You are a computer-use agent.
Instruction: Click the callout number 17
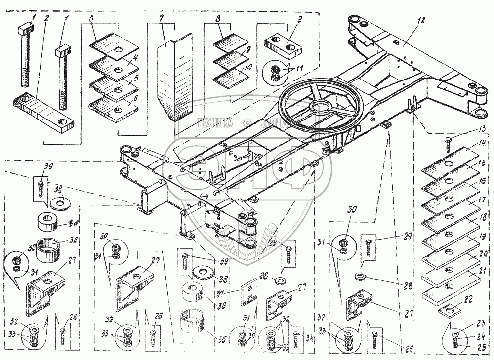click(x=482, y=200)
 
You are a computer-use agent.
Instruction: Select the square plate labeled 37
click(x=249, y=292)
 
